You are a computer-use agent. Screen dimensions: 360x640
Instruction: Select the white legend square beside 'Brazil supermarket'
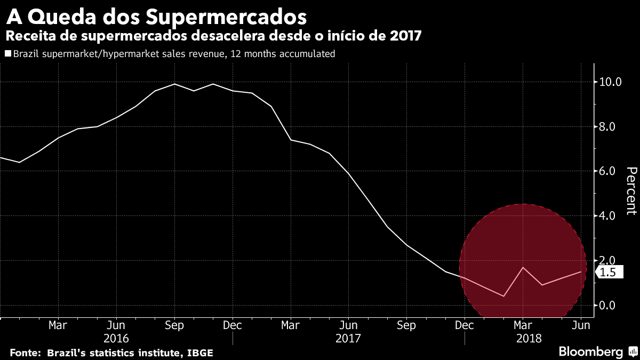(7, 53)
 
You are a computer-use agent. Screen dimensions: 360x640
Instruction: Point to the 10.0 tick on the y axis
(610, 82)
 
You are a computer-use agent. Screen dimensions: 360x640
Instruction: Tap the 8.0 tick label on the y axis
(610, 127)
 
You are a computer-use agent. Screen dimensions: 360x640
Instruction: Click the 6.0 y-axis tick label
(610, 171)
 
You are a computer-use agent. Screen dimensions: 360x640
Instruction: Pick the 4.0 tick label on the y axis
(610, 216)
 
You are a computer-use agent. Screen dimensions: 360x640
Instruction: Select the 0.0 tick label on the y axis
(610, 305)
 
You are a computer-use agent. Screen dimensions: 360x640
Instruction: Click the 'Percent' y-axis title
(631, 190)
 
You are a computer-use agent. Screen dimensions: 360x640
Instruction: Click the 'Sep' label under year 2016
(174, 325)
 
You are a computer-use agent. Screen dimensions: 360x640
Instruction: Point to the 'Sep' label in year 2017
(406, 325)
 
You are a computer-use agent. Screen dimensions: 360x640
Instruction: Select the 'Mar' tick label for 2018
(523, 325)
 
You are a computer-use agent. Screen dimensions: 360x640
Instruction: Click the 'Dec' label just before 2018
(465, 325)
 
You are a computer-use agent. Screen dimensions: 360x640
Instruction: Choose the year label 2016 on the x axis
(116, 338)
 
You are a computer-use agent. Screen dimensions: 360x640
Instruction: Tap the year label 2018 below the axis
(529, 338)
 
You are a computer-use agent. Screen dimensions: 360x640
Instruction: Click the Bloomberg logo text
(590, 351)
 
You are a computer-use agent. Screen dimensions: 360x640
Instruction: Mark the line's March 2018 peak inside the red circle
(523, 267)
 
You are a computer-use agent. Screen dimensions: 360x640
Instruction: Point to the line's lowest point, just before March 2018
(503, 296)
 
